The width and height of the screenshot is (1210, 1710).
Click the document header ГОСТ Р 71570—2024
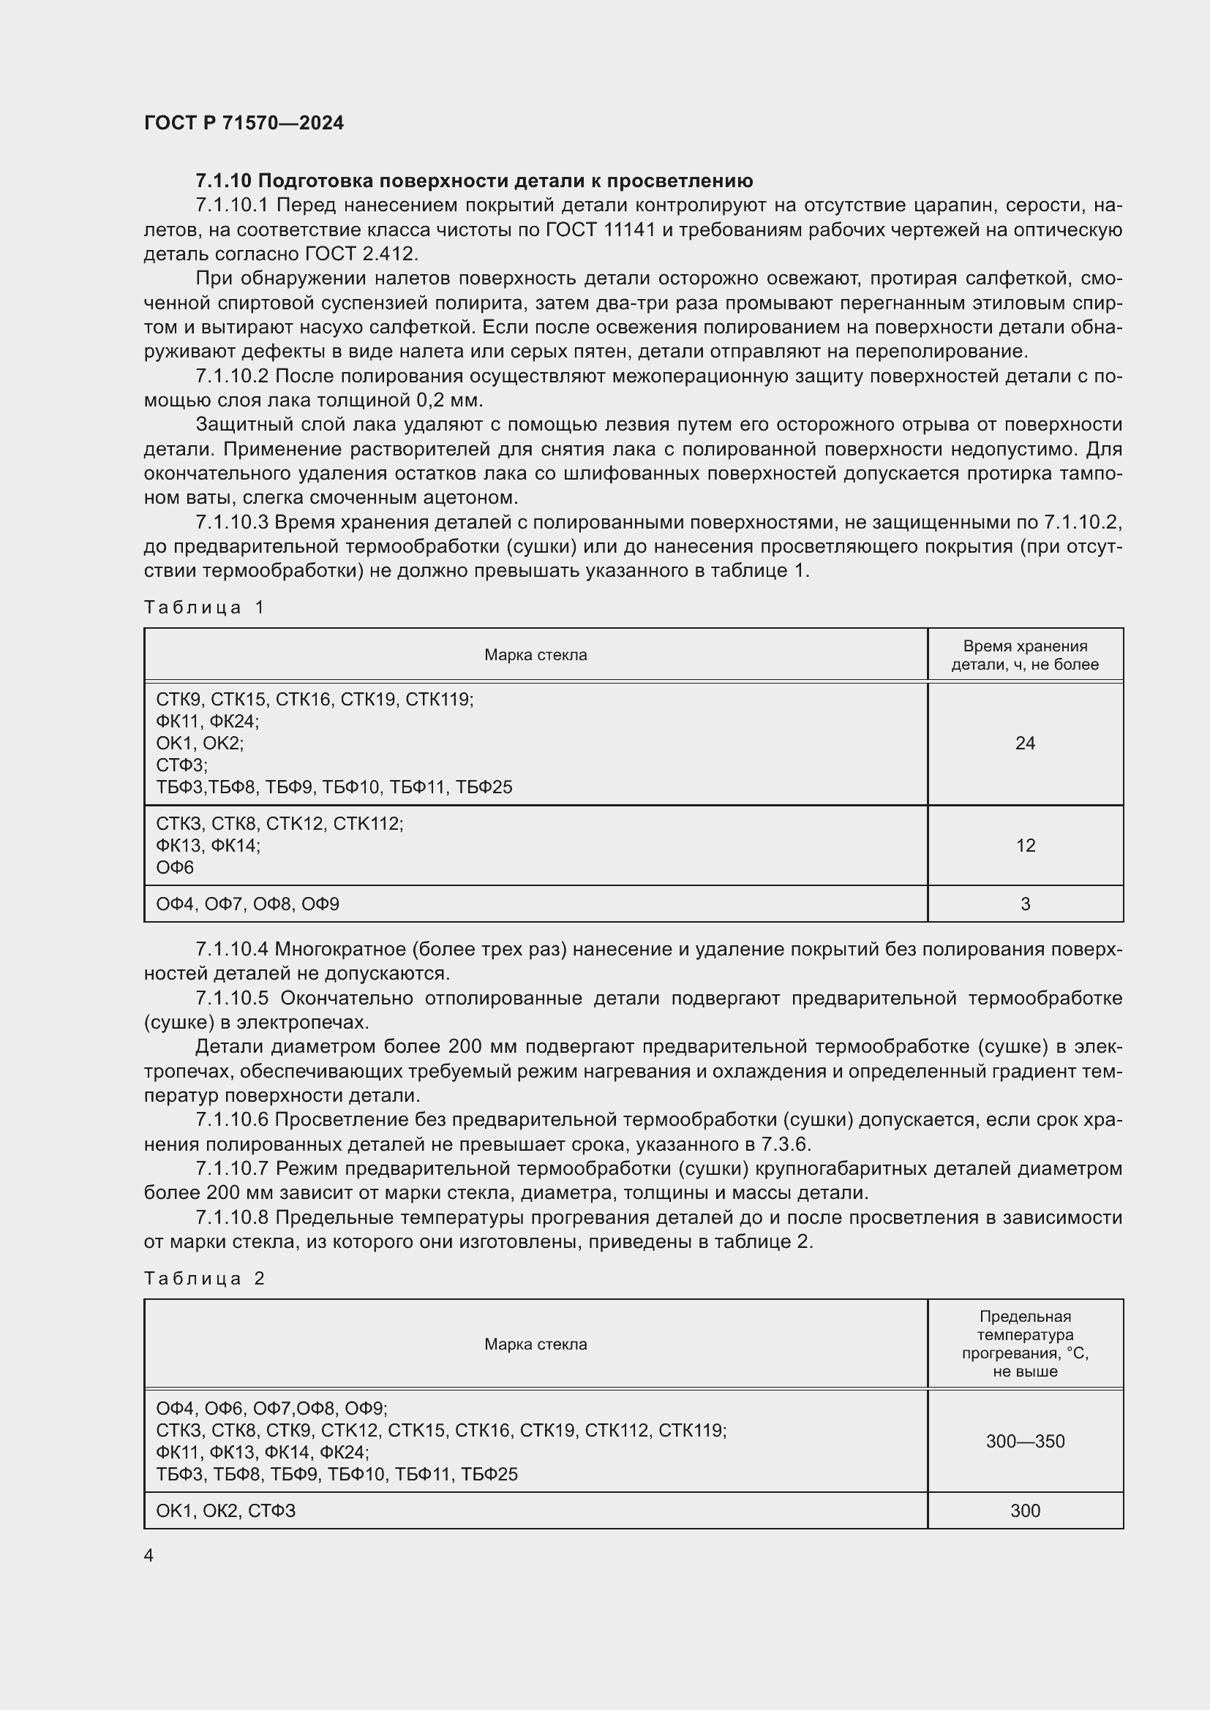[244, 123]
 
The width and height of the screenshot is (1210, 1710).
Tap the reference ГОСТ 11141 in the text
[600, 230]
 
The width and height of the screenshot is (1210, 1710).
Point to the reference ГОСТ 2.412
[361, 254]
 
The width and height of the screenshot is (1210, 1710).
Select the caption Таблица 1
[204, 607]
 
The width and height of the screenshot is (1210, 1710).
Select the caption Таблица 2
[204, 1279]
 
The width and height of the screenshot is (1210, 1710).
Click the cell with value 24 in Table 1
[1024, 743]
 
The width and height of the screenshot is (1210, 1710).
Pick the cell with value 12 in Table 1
[1024, 845]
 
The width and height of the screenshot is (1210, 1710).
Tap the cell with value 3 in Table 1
[1024, 904]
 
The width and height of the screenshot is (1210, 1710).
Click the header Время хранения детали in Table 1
[1024, 655]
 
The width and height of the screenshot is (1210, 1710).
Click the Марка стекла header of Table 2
[535, 1344]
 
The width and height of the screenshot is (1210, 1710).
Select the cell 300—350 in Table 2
[1024, 1441]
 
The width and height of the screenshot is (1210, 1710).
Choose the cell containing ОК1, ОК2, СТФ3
[226, 1510]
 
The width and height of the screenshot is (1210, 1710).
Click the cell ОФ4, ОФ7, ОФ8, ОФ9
[247, 904]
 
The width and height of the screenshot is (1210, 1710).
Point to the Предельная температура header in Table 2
[1024, 1344]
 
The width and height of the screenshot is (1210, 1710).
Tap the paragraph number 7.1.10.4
[231, 950]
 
